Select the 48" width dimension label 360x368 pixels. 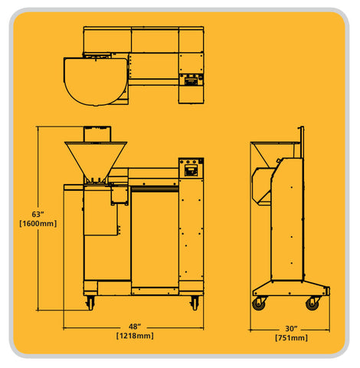coord(134,325)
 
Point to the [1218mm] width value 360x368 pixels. coord(134,336)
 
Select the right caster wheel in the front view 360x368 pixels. coord(194,303)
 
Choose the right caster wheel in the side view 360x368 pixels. coord(312,304)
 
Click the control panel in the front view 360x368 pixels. coord(190,166)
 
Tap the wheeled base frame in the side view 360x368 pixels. coord(290,290)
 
